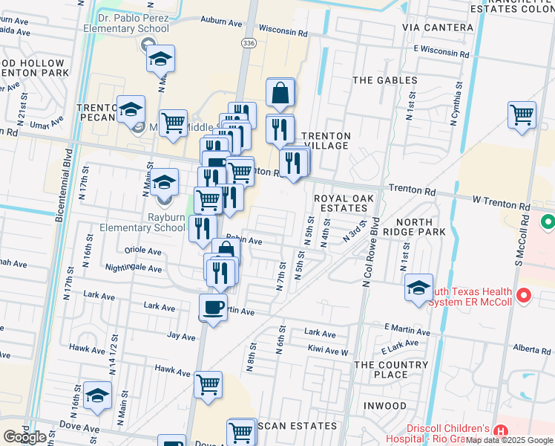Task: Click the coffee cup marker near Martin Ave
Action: coord(213,306)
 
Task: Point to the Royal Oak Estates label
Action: coord(344,204)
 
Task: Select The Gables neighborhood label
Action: coord(385,80)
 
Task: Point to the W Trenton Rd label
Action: coord(502,203)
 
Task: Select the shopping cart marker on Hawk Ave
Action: coord(208,384)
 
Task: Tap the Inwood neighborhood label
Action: coord(385,406)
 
